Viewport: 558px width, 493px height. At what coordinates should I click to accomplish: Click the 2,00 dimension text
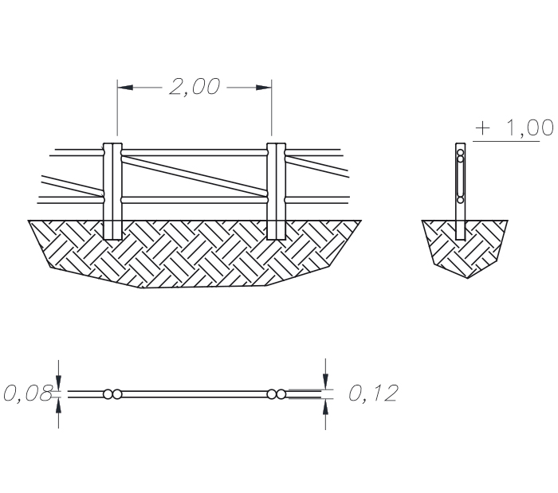(195, 87)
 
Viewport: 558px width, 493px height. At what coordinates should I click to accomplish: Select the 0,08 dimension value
(28, 393)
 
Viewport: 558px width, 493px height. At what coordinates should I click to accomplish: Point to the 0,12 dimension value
(373, 393)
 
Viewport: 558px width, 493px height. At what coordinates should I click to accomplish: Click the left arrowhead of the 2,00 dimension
(125, 87)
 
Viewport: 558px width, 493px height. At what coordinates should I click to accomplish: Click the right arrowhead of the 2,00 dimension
(264, 87)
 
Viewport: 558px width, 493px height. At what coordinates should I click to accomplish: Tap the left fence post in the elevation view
(112, 191)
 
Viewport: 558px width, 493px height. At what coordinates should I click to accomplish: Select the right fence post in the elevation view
(276, 191)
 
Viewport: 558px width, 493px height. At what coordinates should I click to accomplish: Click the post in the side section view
(461, 191)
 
